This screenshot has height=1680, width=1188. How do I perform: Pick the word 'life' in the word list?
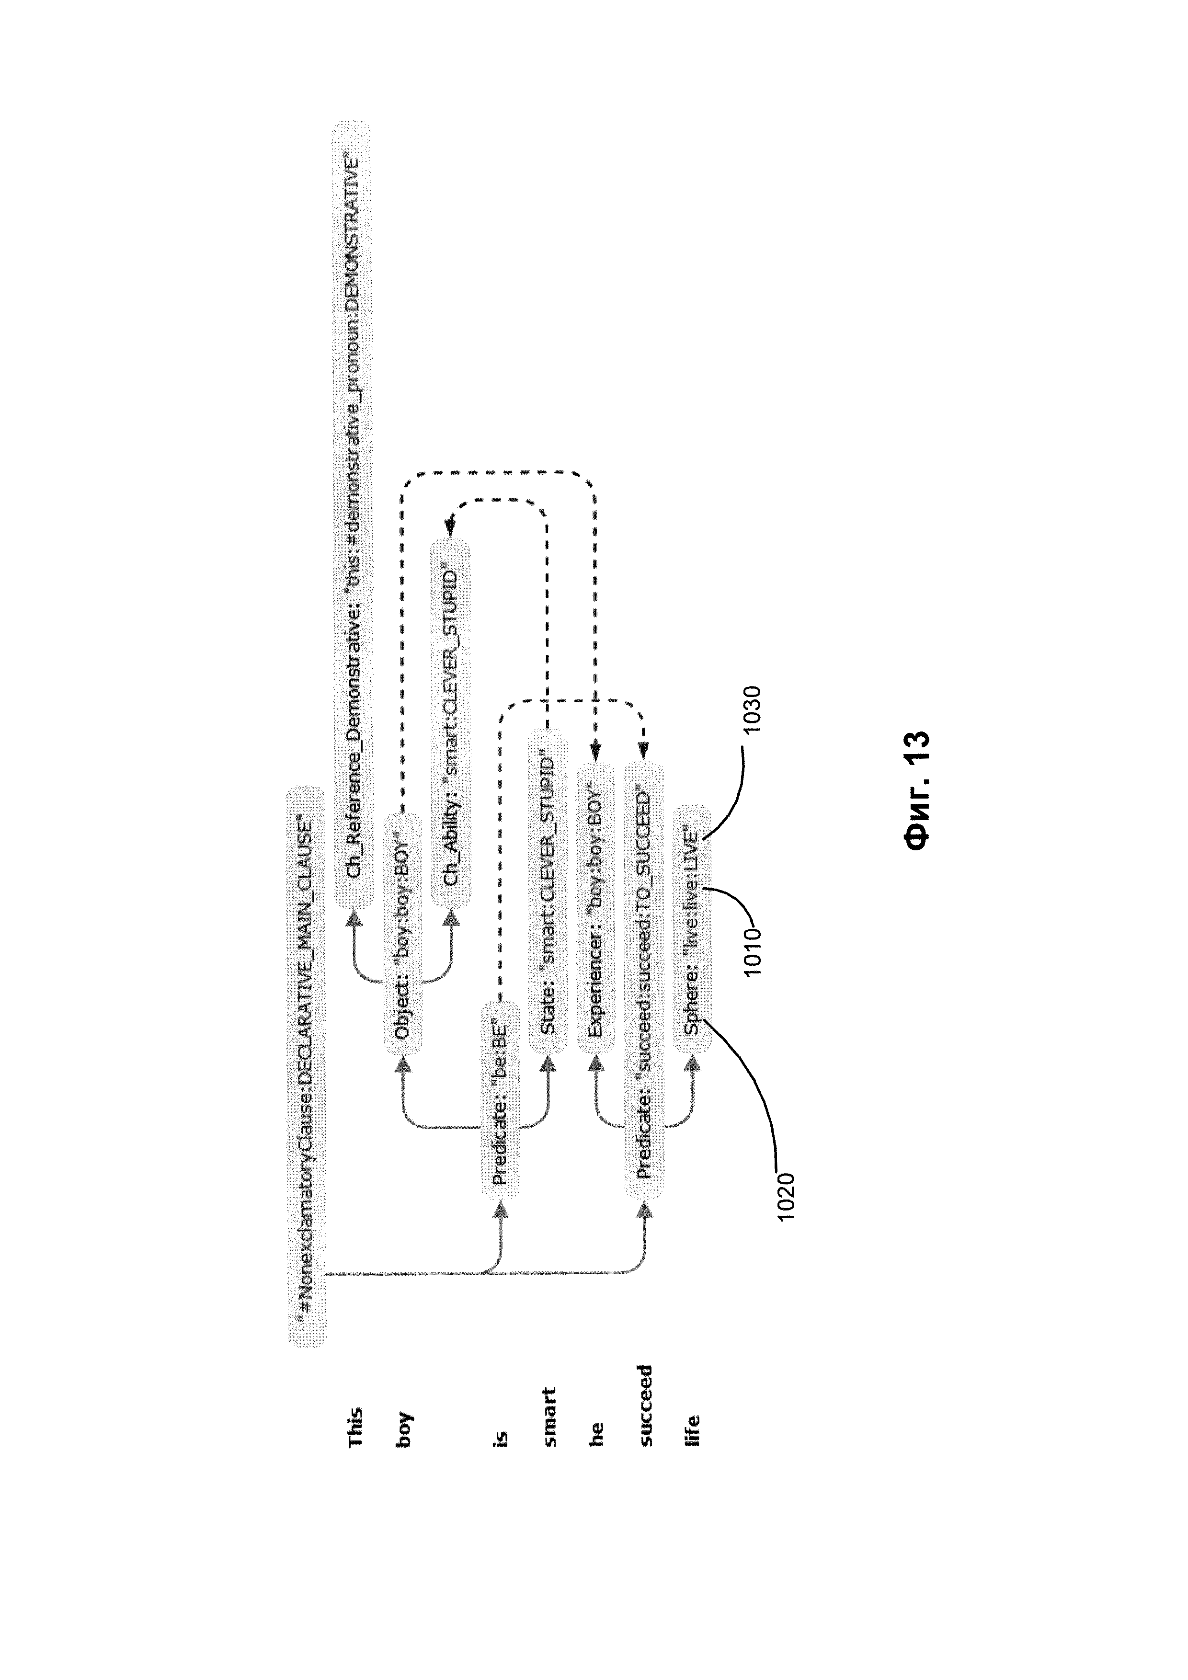point(692,1430)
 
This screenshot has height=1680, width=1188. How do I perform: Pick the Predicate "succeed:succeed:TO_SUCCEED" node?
point(644,981)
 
